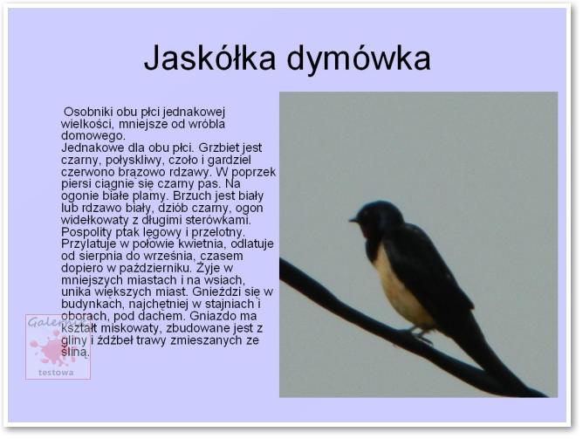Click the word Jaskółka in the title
(209, 58)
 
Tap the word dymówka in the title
(359, 58)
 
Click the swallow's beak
(353, 220)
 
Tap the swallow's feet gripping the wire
(420, 335)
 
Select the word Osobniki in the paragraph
(88, 112)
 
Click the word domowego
(93, 136)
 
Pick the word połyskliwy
(135, 161)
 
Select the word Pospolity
(86, 232)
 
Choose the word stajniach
(227, 304)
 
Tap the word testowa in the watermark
(56, 373)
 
